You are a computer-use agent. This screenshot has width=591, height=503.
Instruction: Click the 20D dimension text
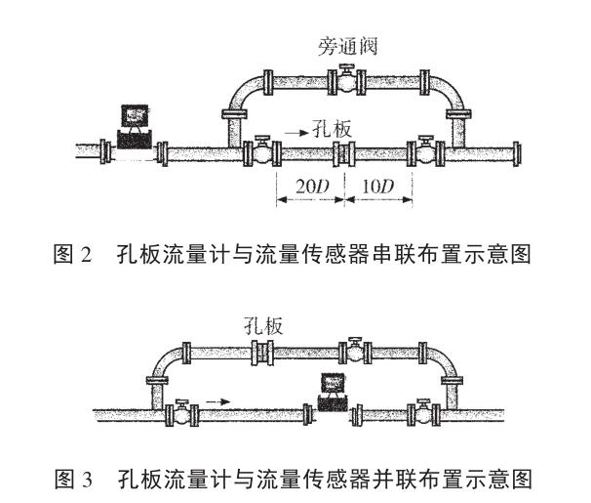pyautogui.click(x=308, y=185)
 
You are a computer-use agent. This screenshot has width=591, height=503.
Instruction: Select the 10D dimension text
pyautogui.click(x=377, y=185)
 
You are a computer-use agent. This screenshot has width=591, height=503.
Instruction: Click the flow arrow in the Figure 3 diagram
pyautogui.click(x=219, y=399)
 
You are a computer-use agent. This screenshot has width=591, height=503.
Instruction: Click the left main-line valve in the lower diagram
pyautogui.click(x=181, y=411)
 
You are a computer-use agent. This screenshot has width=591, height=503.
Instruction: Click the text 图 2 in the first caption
pyautogui.click(x=73, y=256)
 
